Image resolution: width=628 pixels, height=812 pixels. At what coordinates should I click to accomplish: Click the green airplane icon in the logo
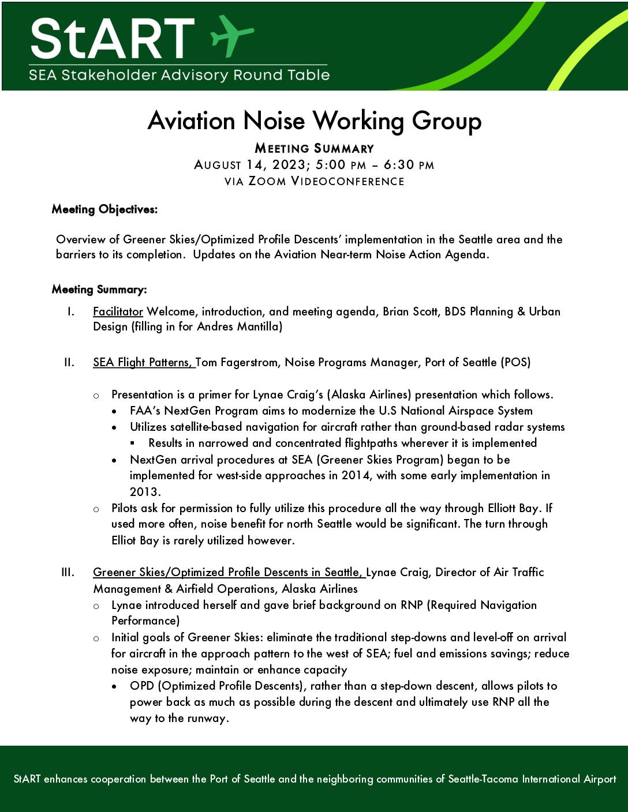point(232,35)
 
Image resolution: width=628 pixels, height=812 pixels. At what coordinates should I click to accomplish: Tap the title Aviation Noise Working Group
point(314,121)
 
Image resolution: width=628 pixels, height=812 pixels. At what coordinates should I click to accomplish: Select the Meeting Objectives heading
point(104,209)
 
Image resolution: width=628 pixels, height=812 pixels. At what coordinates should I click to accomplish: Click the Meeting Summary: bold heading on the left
point(99,289)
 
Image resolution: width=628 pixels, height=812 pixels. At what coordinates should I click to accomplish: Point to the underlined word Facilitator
point(118,311)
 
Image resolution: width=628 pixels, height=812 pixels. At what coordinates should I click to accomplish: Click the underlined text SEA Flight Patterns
point(143,362)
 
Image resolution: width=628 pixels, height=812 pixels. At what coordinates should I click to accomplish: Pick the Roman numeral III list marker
point(68,572)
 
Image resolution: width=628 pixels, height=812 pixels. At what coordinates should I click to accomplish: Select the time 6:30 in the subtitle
point(399,165)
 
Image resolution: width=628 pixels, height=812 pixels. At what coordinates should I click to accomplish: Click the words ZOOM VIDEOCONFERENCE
point(326,181)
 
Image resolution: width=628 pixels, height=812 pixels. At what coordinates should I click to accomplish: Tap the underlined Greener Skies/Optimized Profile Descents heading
point(228,572)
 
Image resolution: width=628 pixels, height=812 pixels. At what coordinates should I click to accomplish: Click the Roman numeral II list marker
point(69,362)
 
